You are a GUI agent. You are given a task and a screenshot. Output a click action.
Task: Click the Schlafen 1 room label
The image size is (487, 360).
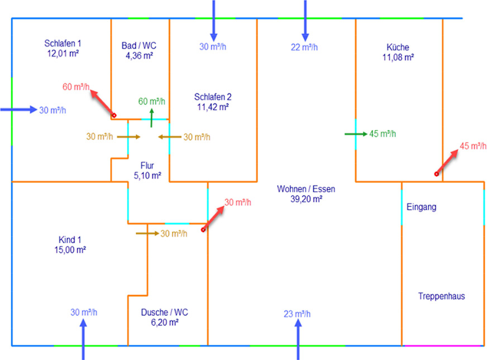pos(63,43)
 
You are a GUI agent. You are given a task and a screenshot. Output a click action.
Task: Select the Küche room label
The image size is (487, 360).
pos(398,47)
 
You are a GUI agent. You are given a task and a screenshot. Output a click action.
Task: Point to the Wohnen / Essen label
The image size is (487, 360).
pos(305,189)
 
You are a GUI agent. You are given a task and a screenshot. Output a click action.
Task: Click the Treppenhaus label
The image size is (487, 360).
pos(441,296)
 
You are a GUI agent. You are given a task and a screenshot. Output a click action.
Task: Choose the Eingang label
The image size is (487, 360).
pos(422,207)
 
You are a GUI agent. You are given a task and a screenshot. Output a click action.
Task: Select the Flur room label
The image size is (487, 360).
pos(147,165)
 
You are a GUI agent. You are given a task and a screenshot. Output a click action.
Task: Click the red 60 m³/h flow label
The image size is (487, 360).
pos(75,87)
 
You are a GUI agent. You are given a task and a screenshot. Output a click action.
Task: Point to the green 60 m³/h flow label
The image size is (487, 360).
pos(151,101)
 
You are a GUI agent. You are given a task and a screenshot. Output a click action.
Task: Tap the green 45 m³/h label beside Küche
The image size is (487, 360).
pos(383,134)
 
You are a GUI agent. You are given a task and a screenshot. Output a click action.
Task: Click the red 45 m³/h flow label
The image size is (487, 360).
pos(472,146)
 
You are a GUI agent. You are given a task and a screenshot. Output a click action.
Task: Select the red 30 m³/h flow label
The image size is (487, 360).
pos(237,202)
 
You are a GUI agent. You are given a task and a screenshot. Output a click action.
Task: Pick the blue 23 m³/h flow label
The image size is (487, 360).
pos(297,314)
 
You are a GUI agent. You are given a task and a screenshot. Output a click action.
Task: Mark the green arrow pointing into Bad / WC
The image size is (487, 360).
pos(151,117)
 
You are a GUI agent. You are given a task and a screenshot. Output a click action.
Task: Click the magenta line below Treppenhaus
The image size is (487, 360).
pos(442,345)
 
